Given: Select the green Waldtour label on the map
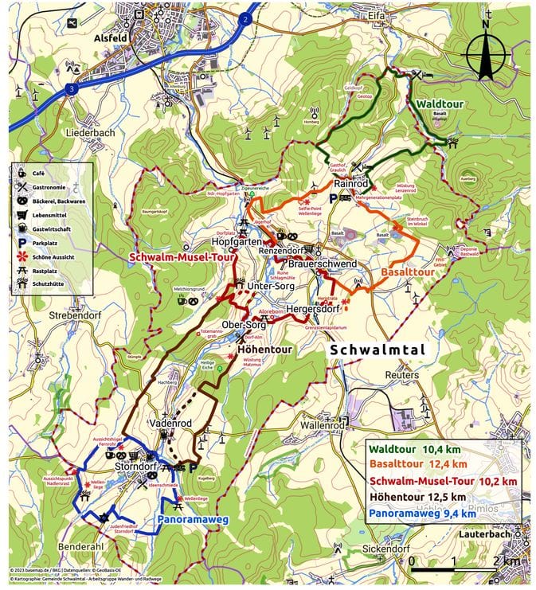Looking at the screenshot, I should tap(442, 104).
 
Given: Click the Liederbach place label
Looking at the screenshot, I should tap(92, 132).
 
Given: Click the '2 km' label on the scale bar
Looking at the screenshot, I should tap(503, 561).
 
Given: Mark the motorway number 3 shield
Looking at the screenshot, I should tap(72, 90).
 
